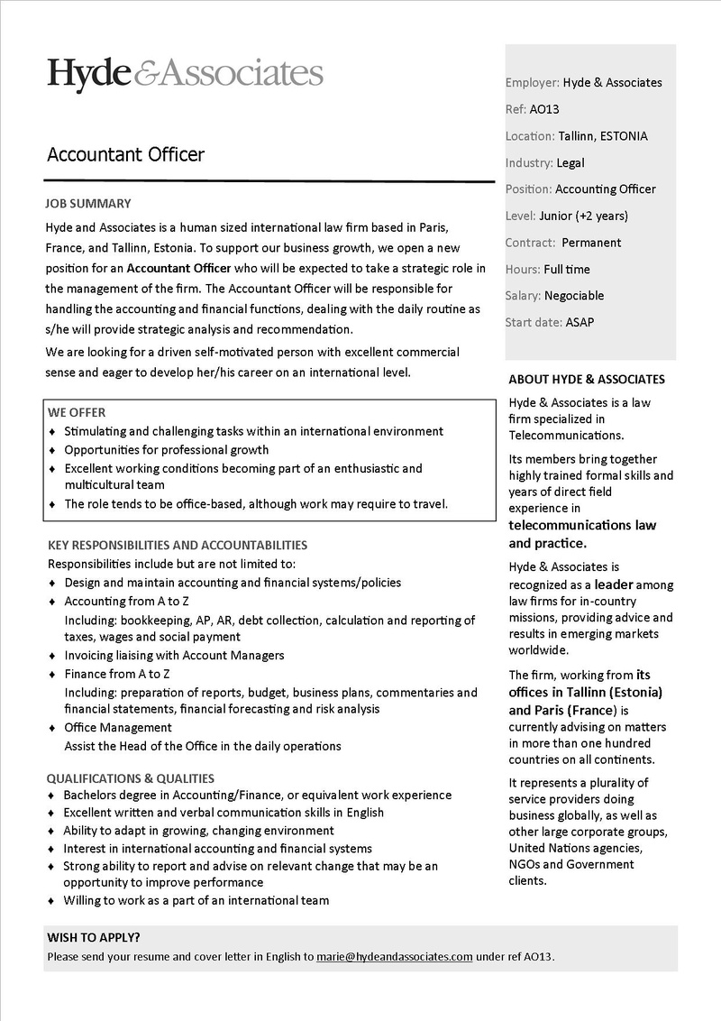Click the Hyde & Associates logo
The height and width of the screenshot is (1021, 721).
tap(185, 73)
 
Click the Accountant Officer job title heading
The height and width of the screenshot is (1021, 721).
tap(125, 154)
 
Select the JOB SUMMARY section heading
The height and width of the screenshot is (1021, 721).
tap(87, 204)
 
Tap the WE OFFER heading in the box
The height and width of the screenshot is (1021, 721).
tap(77, 412)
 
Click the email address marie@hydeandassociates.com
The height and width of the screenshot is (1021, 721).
tap(394, 956)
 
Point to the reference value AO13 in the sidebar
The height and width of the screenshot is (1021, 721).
tap(544, 109)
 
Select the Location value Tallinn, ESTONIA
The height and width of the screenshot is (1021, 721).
tap(602, 136)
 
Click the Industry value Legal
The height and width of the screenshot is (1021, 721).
tap(570, 163)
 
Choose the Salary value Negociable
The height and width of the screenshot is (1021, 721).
tap(574, 296)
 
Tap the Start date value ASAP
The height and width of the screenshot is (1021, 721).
tap(580, 322)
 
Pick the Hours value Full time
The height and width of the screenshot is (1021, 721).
tap(567, 269)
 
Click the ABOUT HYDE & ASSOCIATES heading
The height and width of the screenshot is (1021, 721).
tap(586, 380)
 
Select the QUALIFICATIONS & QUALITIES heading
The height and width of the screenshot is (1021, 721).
tap(131, 777)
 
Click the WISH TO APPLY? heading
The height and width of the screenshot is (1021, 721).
tap(94, 937)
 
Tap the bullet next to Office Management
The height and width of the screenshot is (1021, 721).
tap(52, 728)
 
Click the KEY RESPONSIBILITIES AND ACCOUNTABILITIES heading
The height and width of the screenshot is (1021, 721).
tap(177, 545)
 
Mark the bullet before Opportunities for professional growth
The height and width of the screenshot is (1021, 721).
tap(52, 450)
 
